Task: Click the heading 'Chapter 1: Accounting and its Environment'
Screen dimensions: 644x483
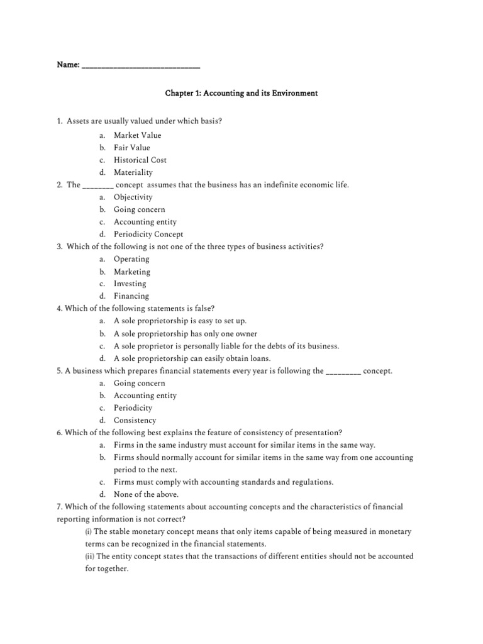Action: point(241,93)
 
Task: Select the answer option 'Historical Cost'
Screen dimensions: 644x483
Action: point(140,160)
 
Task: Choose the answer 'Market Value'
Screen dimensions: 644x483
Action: point(137,135)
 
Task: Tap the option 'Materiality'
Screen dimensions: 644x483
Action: point(133,172)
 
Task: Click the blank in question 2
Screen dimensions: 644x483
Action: point(97,186)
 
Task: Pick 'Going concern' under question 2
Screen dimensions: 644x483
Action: point(139,209)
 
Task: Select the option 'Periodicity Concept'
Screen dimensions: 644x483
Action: point(148,234)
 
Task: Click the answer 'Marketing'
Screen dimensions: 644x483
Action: point(131,272)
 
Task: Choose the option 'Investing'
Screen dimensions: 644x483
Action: point(130,284)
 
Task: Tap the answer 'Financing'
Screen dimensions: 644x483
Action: point(131,296)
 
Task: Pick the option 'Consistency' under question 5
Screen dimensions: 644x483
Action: point(135,420)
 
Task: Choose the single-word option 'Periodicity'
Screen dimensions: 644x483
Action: point(133,408)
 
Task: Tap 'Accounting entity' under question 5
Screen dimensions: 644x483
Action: point(145,396)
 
